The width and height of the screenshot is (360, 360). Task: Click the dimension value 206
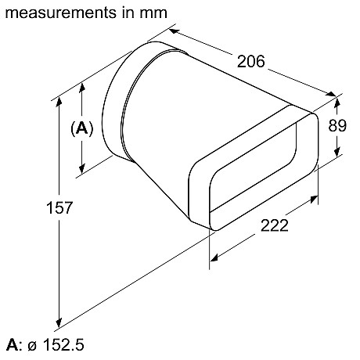[251, 61]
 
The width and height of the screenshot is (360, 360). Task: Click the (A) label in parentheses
[82, 129]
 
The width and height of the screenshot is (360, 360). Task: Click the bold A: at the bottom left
[13, 345]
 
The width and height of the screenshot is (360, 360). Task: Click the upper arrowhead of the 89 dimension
[337, 101]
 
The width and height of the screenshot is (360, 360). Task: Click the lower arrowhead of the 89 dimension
[337, 152]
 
